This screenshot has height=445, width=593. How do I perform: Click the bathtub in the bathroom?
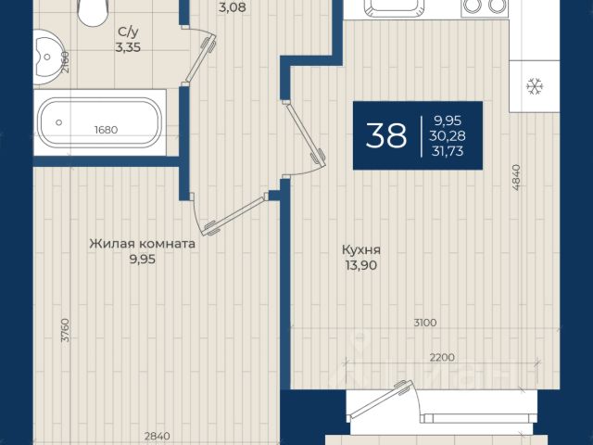tap(100, 122)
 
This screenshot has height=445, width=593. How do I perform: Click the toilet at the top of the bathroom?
tap(92, 12)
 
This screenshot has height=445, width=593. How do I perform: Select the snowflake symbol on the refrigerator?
tap(535, 86)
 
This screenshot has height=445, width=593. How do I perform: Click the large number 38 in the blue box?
tap(386, 135)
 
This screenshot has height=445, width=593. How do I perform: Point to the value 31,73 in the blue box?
tap(448, 151)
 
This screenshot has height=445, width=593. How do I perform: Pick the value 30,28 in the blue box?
tap(447, 135)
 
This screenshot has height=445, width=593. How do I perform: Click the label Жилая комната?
tap(143, 244)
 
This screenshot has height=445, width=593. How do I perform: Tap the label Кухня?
tap(361, 249)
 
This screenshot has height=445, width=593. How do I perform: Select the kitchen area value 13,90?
tap(360, 265)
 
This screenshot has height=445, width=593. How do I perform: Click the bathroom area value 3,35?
tap(128, 47)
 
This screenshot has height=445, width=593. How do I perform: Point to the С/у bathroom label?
tap(128, 32)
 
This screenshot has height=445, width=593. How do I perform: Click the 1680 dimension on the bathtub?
tap(106, 130)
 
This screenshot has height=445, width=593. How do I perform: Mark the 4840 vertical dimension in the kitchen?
tap(517, 177)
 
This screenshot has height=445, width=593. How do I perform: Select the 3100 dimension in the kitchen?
tap(425, 323)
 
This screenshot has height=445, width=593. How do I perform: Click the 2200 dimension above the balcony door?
tap(442, 357)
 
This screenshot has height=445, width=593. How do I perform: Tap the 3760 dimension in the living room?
tap(66, 330)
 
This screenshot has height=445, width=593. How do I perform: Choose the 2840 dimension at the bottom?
tap(157, 437)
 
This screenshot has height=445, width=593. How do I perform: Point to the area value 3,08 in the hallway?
tap(233, 7)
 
